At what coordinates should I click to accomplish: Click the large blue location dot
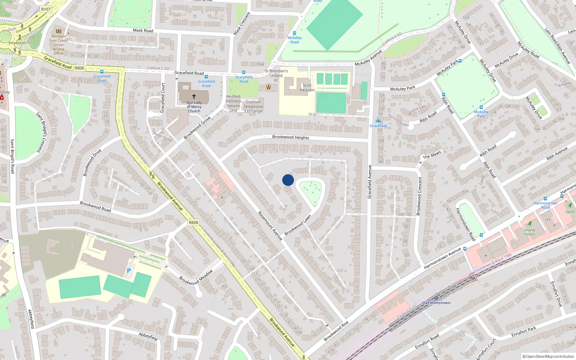pyautogui.click(x=288, y=180)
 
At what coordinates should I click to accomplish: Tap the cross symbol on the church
pyautogui.click(x=194, y=96)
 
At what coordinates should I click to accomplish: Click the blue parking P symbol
pyautogui.click(x=129, y=270)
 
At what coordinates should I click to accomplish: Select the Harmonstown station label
pyautogui.click(x=436, y=303)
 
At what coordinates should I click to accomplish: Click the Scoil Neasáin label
pyautogui.click(x=307, y=87)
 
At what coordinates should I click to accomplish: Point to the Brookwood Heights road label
pyautogui.click(x=291, y=137)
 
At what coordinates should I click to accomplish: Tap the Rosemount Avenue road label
pyautogui.click(x=270, y=226)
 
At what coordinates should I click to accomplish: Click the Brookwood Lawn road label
pyautogui.click(x=298, y=225)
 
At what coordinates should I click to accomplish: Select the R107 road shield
pyautogui.click(x=46, y=9)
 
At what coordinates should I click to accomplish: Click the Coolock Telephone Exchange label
pyautogui.click(x=253, y=107)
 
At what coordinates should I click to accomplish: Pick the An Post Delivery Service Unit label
pyautogui.click(x=233, y=103)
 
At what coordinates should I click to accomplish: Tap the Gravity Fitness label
pyautogui.click(x=530, y=232)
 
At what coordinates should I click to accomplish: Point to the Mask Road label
pyautogui.click(x=143, y=30)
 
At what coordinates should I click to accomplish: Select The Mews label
pyautogui.click(x=432, y=155)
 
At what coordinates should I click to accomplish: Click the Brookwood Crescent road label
pyautogui.click(x=419, y=196)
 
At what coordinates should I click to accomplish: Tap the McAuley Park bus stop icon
pyautogui.click(x=481, y=107)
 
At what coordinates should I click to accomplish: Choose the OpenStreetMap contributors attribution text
pyautogui.click(x=548, y=356)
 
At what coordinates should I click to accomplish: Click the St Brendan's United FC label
pyautogui.click(x=276, y=76)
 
